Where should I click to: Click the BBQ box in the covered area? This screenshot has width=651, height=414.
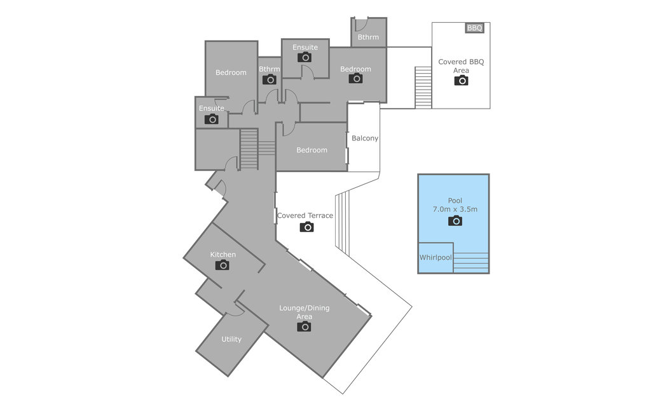coord(475,28)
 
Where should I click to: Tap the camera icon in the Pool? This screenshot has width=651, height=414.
coord(455,220)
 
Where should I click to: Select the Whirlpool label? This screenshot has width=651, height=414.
coord(435,258)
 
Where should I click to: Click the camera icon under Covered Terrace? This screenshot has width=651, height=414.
coord(306,227)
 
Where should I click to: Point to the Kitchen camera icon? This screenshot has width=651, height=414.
coord(222,265)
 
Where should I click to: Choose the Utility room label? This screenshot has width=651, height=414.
coord(231,339)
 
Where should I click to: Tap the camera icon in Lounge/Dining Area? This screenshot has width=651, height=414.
coord(305,326)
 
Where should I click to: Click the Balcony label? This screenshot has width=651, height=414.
coord(365,138)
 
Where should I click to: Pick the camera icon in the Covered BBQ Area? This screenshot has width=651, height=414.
coord(461,80)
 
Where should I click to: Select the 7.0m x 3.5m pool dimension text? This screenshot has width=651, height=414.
coord(455,209)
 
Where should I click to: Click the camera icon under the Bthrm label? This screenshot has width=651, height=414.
coord(270,79)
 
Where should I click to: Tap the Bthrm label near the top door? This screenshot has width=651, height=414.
coord(368,37)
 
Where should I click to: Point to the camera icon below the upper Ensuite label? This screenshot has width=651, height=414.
coord(305,57)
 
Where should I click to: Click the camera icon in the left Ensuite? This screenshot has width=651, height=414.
coord(212,119)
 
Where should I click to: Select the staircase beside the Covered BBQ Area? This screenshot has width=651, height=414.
coord(423,87)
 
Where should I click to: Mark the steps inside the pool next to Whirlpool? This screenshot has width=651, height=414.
coord(471,262)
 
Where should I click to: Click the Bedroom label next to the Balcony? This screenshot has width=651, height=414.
coord(312,150)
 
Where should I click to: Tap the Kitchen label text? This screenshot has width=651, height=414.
coord(223,255)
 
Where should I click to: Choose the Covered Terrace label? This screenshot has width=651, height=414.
coord(305,216)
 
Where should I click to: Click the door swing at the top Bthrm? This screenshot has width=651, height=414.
coord(359,25)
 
